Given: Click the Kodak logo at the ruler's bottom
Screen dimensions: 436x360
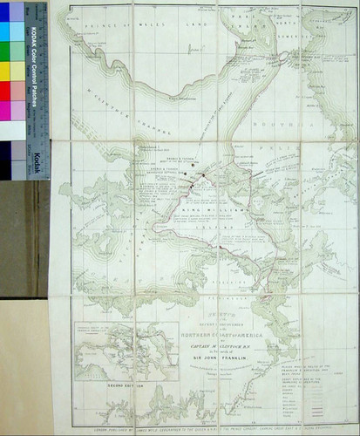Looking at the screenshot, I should (x=38, y=164).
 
